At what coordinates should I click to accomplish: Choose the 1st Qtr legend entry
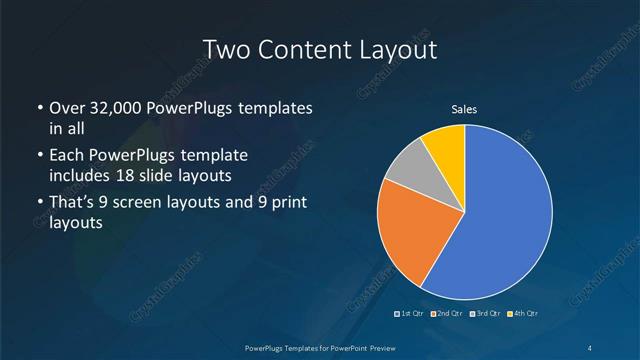pyautogui.click(x=411, y=314)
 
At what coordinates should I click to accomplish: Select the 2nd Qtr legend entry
pyautogui.click(x=446, y=314)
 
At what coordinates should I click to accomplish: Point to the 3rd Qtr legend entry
pyautogui.click(x=485, y=314)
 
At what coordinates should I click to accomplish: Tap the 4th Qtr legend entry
pyautogui.click(x=522, y=314)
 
